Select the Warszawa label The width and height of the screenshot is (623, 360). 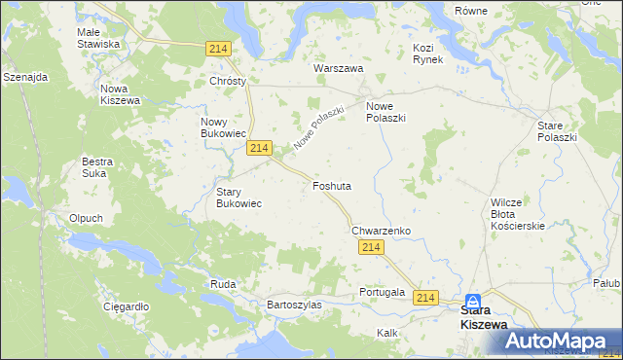coord(338,69)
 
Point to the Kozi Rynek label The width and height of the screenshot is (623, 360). coord(427,54)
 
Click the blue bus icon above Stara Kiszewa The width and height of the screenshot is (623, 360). coord(473,302)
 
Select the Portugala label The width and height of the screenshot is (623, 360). coord(382,292)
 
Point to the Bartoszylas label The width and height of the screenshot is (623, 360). coord(294,305)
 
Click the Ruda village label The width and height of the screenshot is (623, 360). coord(222,284)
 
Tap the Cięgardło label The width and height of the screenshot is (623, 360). coord(126,306)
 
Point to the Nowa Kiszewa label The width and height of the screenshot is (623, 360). coord(121,94)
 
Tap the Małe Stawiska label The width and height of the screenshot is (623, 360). coord(98,38)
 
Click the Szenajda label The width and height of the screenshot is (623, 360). coord(26,77)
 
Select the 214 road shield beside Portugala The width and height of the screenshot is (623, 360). coord(425,296)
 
